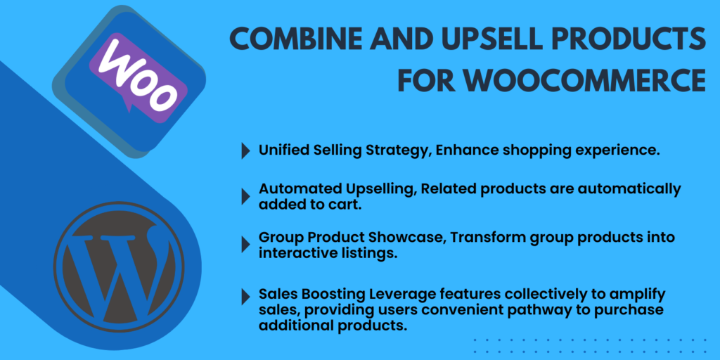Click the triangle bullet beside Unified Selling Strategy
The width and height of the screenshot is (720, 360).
245,151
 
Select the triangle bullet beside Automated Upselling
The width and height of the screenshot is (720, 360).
245,197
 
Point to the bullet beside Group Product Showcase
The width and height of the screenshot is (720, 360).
245,245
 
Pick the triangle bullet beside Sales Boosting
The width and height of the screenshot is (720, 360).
245,298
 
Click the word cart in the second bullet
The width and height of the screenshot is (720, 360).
347,205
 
